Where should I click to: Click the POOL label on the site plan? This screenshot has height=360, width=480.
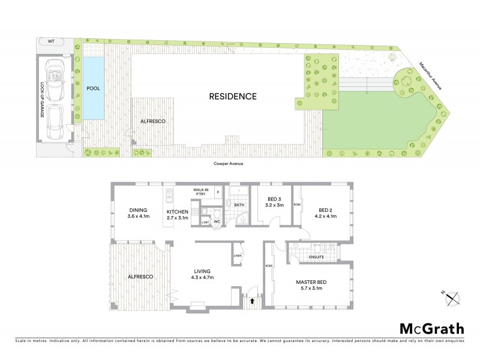click(x=94, y=88)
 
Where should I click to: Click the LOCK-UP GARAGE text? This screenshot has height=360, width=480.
click(x=43, y=100)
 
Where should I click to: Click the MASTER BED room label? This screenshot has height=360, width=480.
click(x=311, y=281)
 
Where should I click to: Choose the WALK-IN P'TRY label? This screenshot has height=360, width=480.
click(x=200, y=192)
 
